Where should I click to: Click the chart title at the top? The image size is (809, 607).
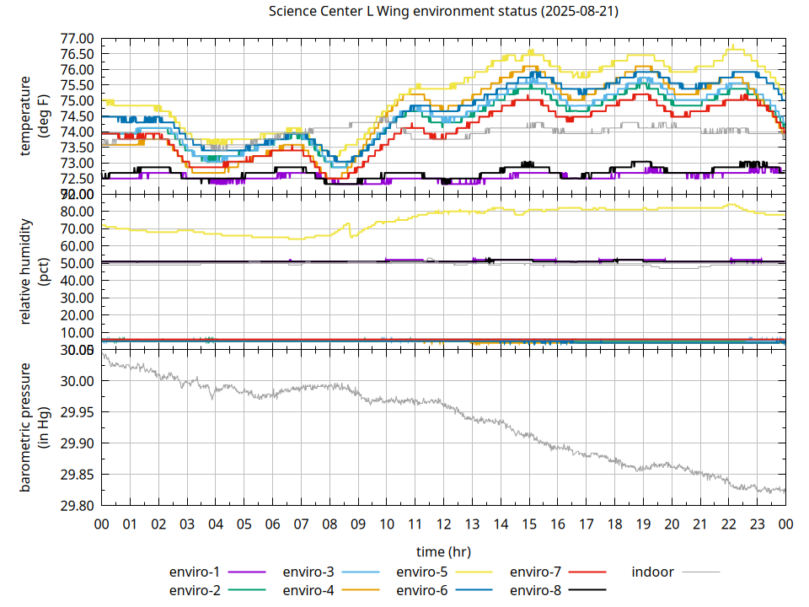coord(443,11)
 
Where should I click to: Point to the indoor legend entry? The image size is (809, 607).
coord(653,572)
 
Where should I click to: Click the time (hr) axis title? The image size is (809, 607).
coord(443,551)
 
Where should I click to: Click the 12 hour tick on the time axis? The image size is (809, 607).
coord(443,524)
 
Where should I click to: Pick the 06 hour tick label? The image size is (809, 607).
coord(272,524)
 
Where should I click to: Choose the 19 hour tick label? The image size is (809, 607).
coord(643,524)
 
